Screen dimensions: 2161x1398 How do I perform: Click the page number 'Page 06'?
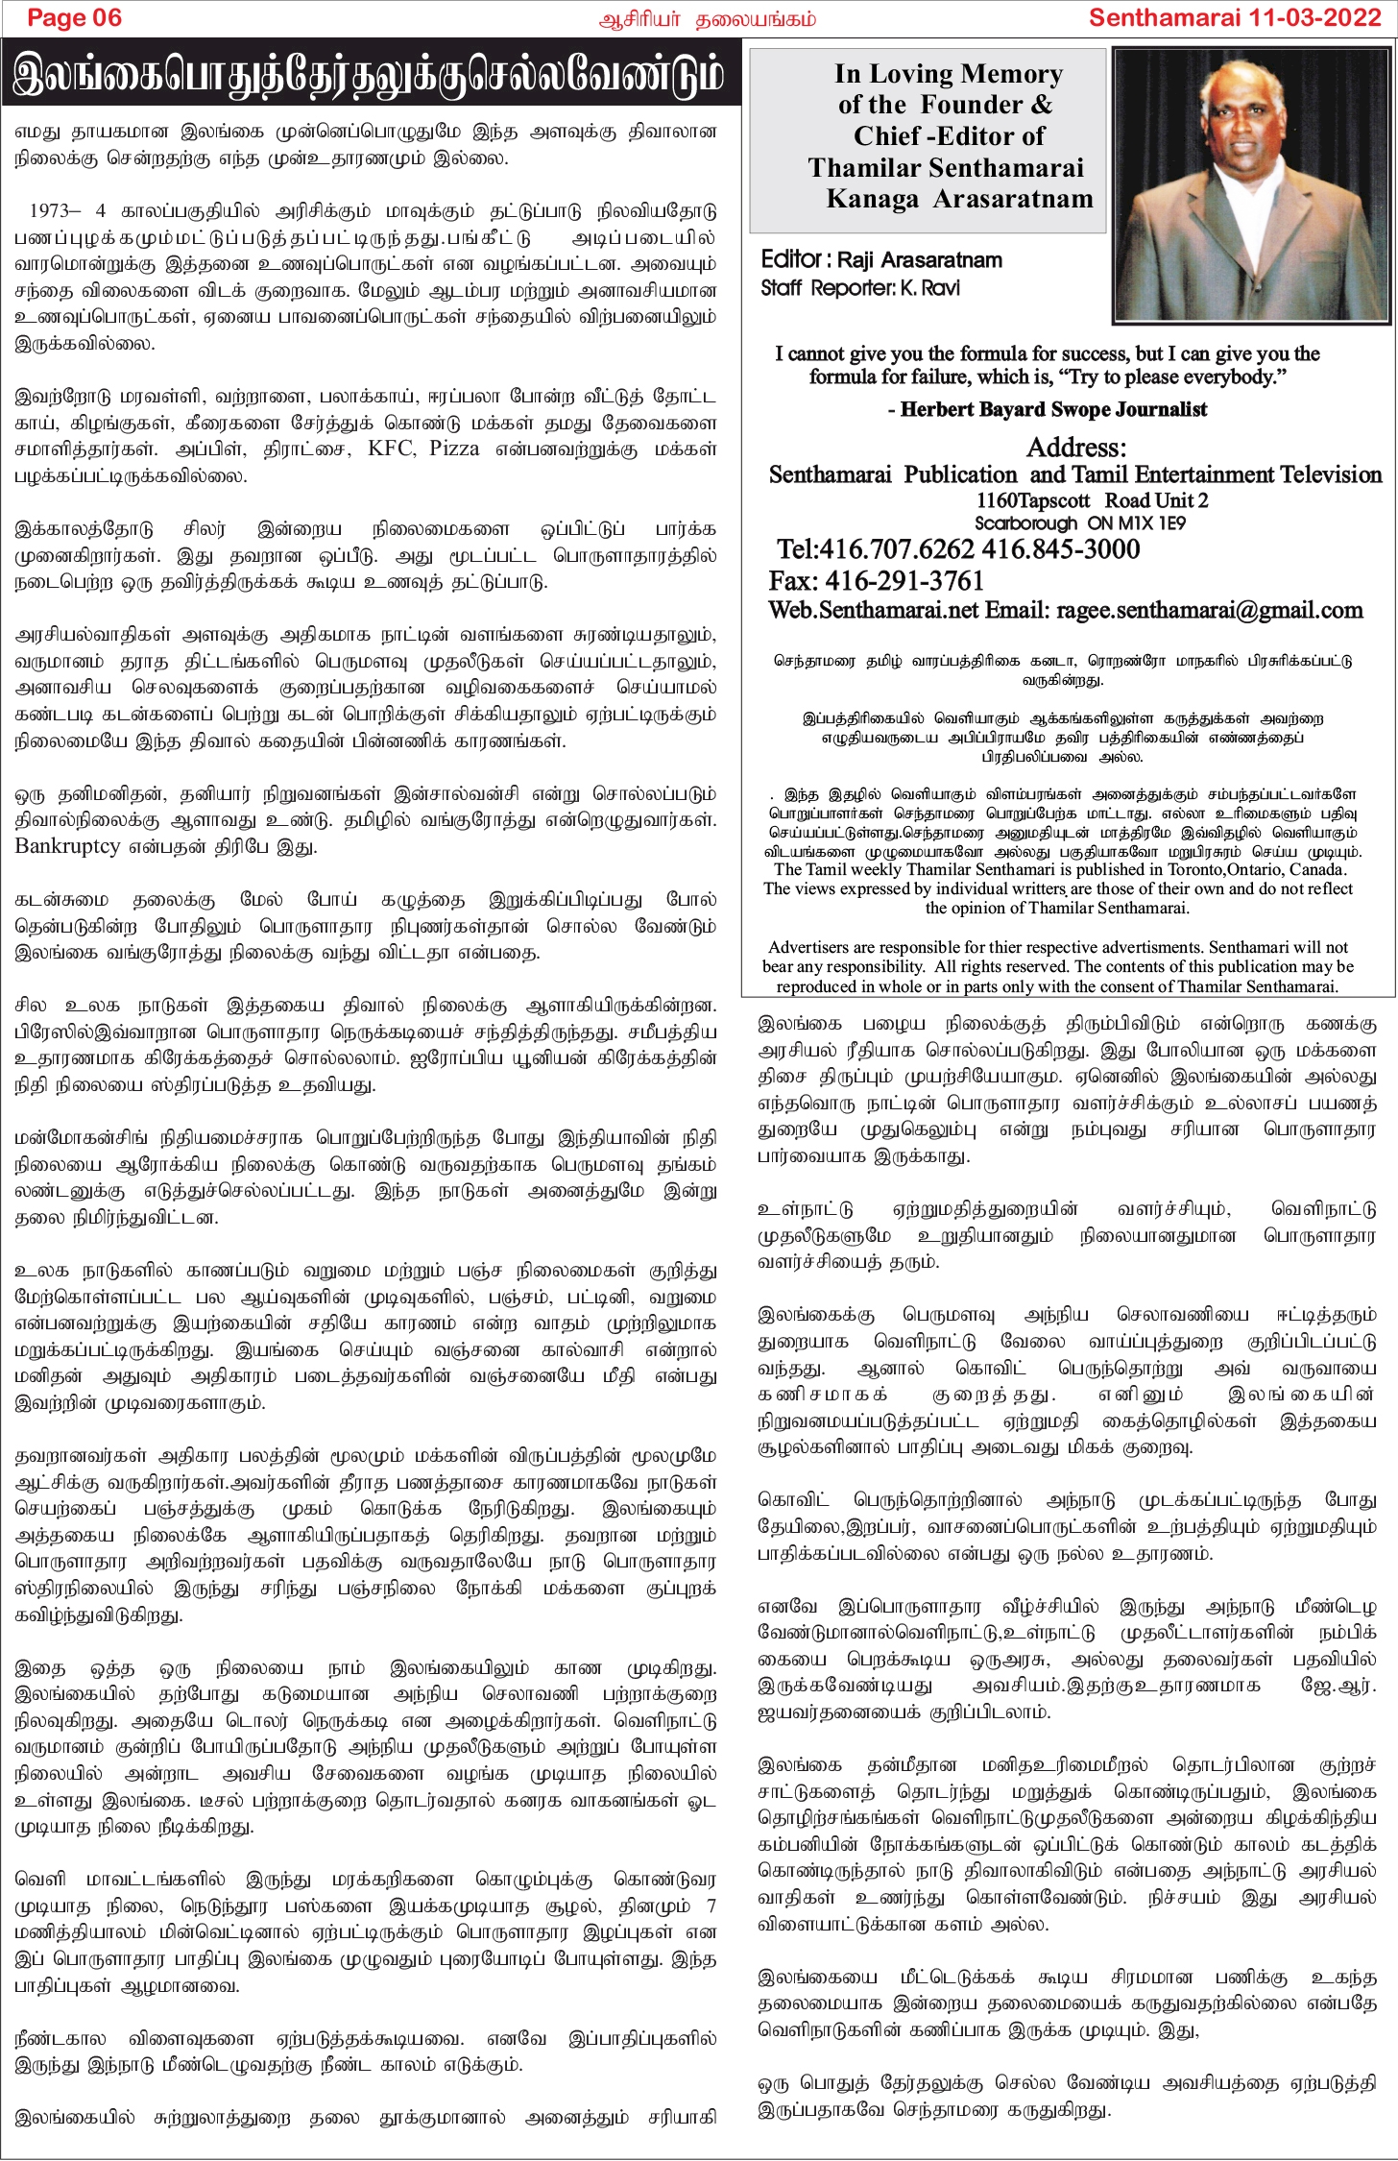[x=74, y=17]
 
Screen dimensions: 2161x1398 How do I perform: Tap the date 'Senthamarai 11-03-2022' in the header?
[x=1235, y=17]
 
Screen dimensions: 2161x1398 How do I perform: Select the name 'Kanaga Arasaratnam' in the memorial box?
[x=959, y=199]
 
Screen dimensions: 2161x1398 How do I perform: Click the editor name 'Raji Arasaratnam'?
[x=920, y=259]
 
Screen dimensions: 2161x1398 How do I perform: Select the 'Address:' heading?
[x=1075, y=447]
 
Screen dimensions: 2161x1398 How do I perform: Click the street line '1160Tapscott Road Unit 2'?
[x=1092, y=499]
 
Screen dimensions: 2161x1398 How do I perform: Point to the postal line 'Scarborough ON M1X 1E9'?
[x=1080, y=522]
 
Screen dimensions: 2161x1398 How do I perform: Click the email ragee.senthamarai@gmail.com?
[x=1209, y=611]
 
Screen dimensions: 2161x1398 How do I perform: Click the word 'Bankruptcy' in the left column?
[x=67, y=846]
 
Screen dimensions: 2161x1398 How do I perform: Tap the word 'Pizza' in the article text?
[x=453, y=449]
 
